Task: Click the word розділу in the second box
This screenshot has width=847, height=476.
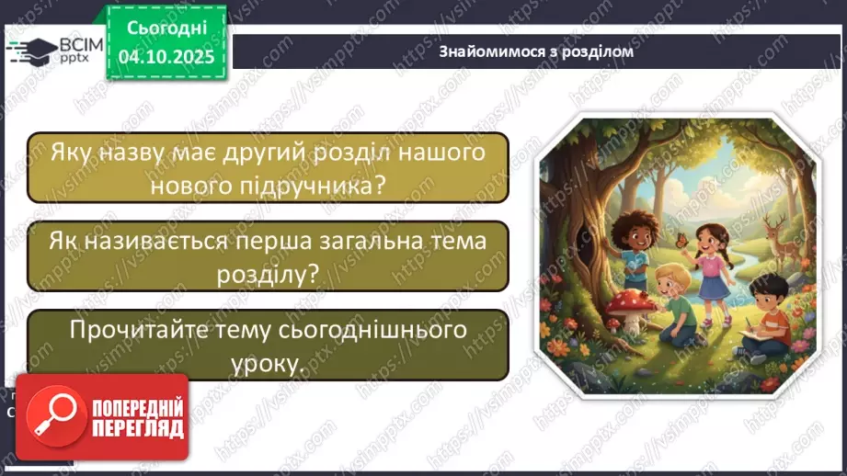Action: [x=267, y=273]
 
